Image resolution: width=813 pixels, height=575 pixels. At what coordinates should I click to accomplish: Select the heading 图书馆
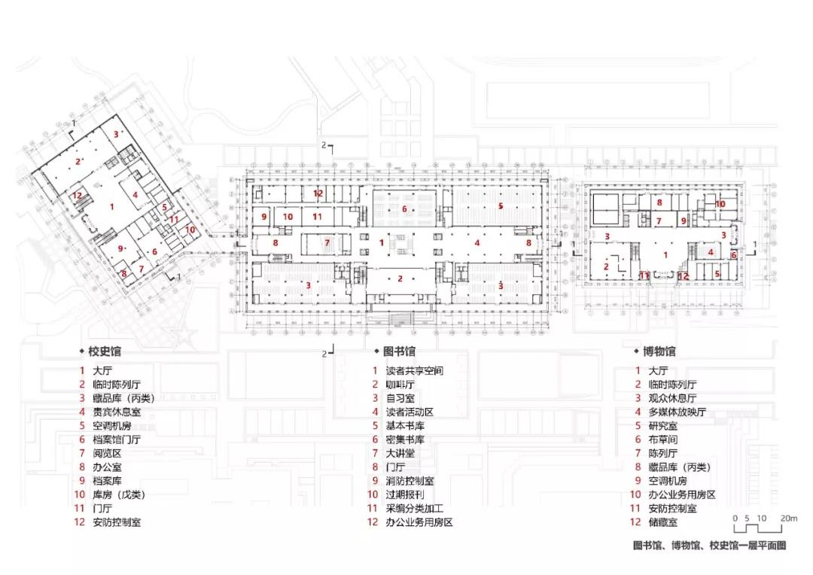pos(399,351)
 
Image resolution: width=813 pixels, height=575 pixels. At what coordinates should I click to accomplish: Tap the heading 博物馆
pos(659,351)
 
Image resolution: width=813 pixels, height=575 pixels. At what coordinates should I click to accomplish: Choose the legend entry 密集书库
pos(404,440)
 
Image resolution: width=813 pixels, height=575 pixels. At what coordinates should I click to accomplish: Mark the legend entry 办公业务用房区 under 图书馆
pos(419,522)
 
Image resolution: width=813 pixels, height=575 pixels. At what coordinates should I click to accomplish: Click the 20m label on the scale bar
pos(787,519)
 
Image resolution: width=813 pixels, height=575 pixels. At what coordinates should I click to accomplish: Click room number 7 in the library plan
pos(327,243)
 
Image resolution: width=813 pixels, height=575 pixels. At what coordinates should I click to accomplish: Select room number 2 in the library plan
pos(400,278)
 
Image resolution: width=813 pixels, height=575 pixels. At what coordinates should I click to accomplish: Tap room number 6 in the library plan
pos(404,208)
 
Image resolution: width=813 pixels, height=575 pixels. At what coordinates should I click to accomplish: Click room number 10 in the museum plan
pos(720,204)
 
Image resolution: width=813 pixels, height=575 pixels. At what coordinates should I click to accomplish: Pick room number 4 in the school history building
pos(135,196)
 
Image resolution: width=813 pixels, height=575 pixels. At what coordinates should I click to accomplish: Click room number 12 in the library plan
pos(318,193)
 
